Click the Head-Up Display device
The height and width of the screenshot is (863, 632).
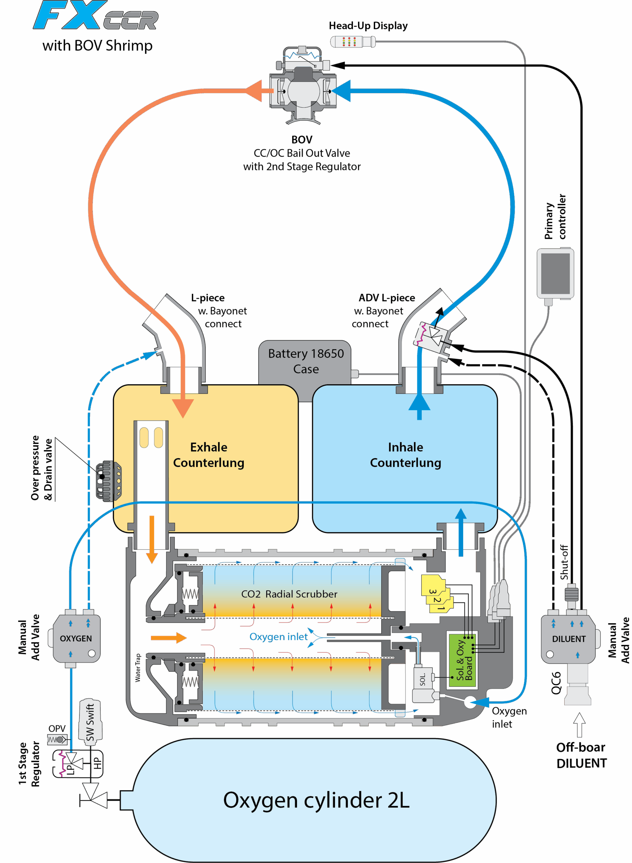352,42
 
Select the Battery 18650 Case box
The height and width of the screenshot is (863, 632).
305,361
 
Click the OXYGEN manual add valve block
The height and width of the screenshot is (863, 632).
76,638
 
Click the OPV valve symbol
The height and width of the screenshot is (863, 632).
57,739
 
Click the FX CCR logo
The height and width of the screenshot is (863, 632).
96,16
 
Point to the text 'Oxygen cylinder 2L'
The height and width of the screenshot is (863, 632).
316,800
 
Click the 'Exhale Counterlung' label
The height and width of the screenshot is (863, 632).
209,455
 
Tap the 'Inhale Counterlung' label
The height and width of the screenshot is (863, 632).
405,455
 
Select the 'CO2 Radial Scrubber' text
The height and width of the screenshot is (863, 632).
289,594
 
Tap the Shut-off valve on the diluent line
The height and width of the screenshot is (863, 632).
571,594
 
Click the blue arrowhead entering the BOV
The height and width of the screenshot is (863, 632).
342,91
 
